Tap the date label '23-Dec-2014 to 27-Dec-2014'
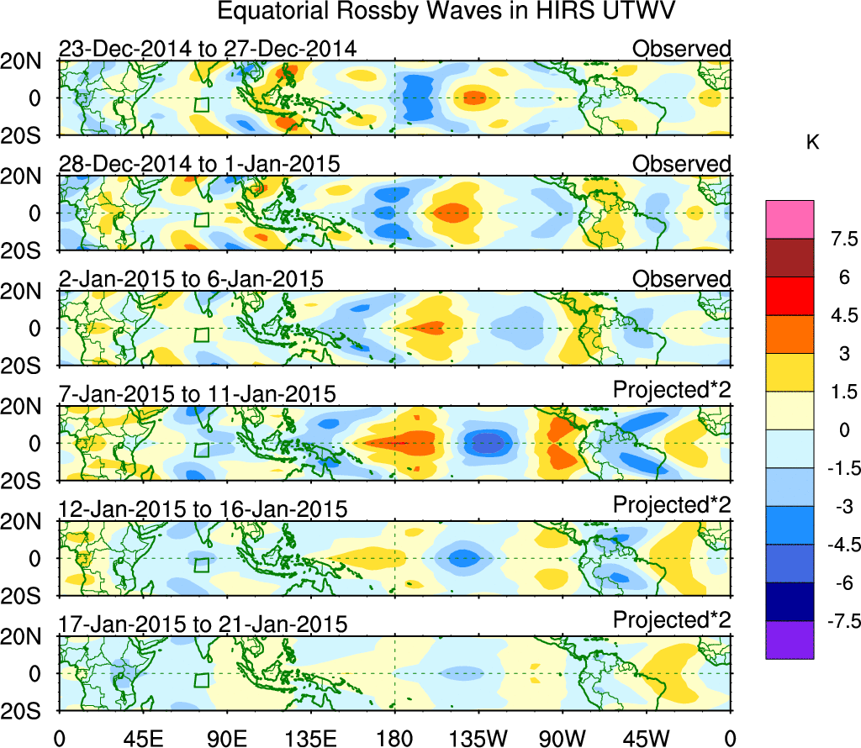pos(208,49)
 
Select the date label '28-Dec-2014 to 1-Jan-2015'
pos(199,164)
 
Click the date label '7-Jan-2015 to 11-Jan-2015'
pos(198,393)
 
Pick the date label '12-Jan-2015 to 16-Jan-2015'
pos(203,508)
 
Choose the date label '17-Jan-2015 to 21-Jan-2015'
pos(203,624)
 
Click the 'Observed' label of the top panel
pos(682,49)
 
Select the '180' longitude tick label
pos(394,738)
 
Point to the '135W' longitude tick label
pos(478,738)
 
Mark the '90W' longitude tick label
pos(562,738)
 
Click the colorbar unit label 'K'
pos(812,144)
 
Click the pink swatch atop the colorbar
pos(790,219)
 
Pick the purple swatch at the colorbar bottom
pos(790,640)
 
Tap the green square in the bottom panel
pos(201,680)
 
